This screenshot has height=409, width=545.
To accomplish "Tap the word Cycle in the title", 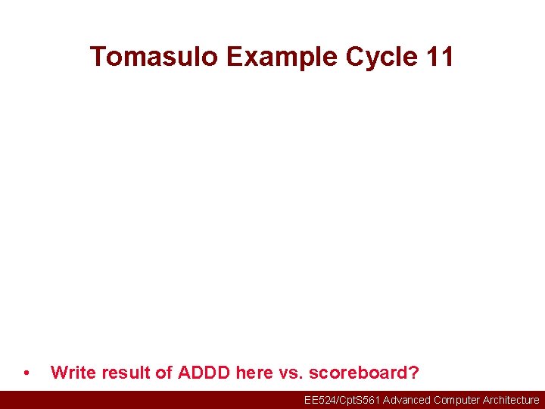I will [381, 57].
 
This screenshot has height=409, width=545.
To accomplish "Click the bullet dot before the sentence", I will [27, 373].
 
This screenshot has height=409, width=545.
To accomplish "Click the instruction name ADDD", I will [204, 373].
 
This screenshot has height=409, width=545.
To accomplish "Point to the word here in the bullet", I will [254, 373].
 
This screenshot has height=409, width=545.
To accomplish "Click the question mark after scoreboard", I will [413, 373].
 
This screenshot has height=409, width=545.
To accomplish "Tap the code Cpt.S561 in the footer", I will [360, 400].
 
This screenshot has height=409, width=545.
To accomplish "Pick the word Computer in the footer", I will [456, 400].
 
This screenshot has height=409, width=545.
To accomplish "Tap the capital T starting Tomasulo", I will [98, 57].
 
